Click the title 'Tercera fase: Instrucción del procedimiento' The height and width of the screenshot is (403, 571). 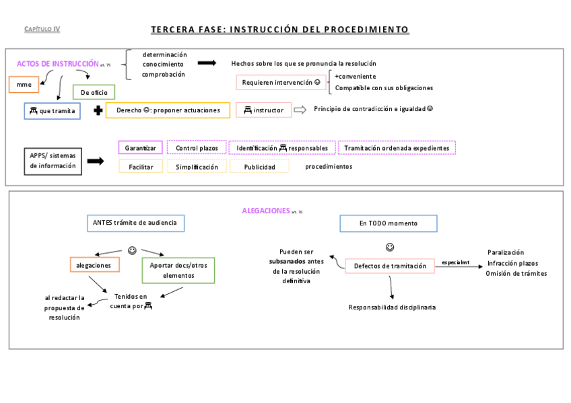tap(279, 30)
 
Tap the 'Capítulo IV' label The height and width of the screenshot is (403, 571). tap(42, 29)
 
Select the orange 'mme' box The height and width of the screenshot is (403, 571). tap(24, 85)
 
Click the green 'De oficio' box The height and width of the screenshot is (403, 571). tap(94, 92)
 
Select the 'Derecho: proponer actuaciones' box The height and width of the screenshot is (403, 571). tap(168, 110)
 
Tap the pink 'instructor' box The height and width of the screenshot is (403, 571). tap(263, 110)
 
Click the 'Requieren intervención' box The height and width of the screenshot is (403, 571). tap(281, 82)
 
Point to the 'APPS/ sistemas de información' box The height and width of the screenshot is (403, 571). tap(53, 161)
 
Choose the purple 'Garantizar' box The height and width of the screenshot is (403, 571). tap(140, 148)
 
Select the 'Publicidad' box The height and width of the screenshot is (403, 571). tap(259, 167)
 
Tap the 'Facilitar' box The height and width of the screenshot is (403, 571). tap(140, 167)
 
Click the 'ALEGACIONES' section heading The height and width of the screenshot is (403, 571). tap(266, 211)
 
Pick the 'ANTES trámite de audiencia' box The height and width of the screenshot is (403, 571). tap(136, 223)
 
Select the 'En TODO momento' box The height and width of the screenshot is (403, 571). tap(388, 223)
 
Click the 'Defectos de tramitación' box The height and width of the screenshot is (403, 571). tap(390, 266)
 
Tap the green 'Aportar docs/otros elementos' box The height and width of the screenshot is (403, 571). tap(178, 270)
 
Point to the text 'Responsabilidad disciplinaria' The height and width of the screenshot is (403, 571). tap(392, 307)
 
